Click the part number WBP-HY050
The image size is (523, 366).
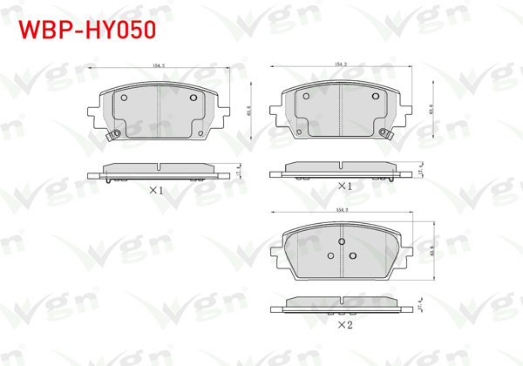pyautogui.click(x=86, y=29)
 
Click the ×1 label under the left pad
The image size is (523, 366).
pyautogui.click(x=157, y=189)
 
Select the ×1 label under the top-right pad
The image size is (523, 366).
pyautogui.click(x=344, y=186)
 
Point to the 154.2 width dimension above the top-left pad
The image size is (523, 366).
pyautogui.click(x=159, y=65)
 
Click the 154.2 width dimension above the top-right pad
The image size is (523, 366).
pyautogui.click(x=341, y=65)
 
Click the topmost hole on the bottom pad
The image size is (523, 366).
pyautogui.click(x=342, y=241)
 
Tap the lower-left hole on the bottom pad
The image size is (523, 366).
pyautogui.click(x=330, y=255)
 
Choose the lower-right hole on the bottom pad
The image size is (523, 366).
pyautogui.click(x=353, y=255)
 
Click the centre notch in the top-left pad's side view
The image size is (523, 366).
pyautogui.click(x=159, y=165)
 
